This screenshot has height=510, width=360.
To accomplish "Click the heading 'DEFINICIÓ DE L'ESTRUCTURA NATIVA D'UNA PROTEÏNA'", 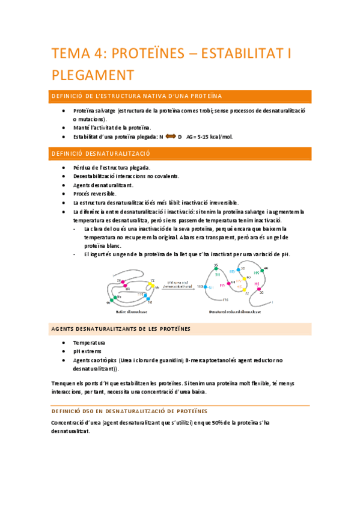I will pyautogui.click(x=137, y=96).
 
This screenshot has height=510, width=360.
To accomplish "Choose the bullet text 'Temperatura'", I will pyautogui.click(x=89, y=342).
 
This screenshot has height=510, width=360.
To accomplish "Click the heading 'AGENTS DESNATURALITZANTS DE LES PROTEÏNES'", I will pyautogui.click(x=121, y=328).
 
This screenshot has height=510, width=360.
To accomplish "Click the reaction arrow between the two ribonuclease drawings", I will pyautogui.click(x=181, y=287).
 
